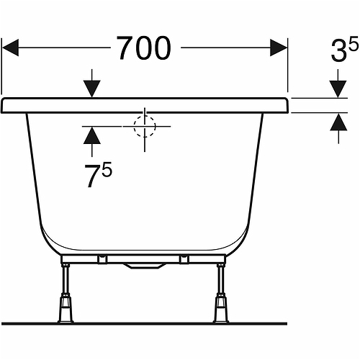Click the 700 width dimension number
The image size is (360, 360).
coord(144,48)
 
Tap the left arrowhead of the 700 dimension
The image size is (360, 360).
coord(14,48)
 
